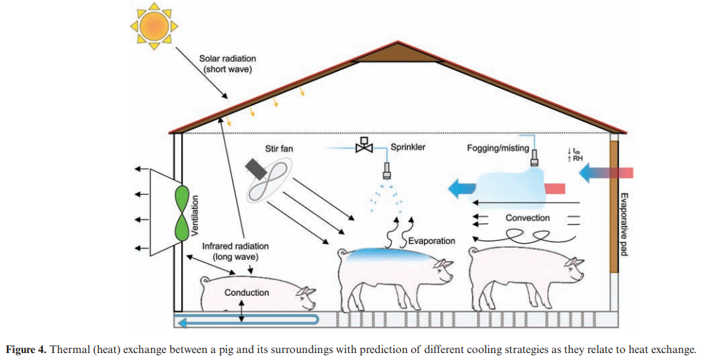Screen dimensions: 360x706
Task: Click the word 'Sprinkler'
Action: [x=407, y=147]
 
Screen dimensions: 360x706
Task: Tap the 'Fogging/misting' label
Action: [x=498, y=148]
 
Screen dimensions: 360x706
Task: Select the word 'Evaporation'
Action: [x=432, y=241]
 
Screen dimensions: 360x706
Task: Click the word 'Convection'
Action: [x=527, y=218]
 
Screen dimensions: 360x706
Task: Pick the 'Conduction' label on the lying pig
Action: [x=246, y=292]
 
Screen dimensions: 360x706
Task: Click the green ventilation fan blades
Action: [x=182, y=212]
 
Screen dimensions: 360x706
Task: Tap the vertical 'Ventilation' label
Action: [x=195, y=216]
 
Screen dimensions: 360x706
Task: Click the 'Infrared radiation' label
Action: [x=235, y=246]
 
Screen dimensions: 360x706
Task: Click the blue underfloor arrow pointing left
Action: [x=247, y=321]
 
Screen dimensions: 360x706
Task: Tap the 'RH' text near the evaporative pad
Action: [x=577, y=158]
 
